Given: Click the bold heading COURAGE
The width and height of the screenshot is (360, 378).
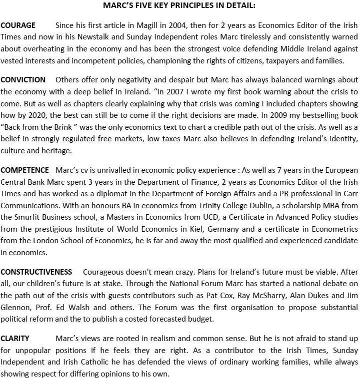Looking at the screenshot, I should [x=18, y=25].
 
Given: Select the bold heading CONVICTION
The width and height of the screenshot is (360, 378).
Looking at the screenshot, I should [x=23, y=80].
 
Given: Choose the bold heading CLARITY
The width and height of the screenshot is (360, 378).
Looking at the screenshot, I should [x=15, y=338].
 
